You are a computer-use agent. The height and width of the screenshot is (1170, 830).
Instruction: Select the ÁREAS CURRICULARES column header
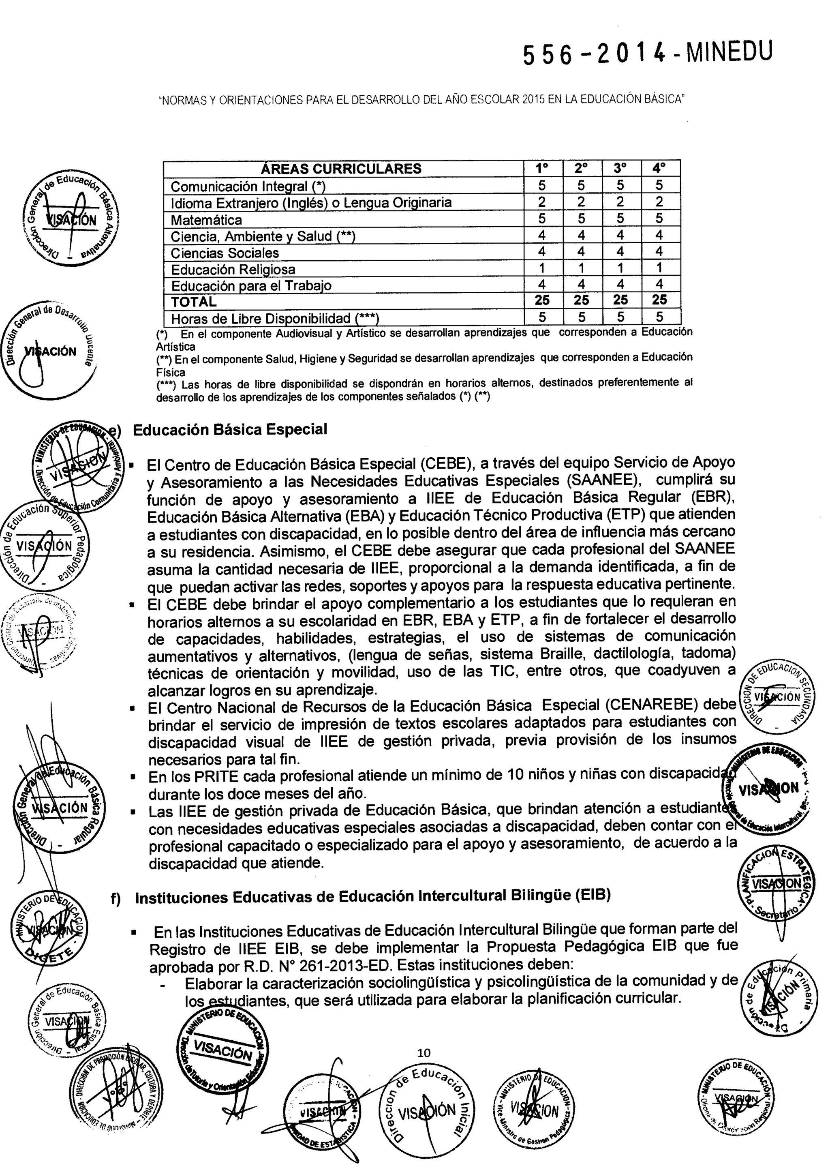pos(341,169)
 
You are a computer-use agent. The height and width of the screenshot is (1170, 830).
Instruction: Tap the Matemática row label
pos(206,220)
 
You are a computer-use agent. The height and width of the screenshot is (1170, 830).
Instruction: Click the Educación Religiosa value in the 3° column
pos(620,268)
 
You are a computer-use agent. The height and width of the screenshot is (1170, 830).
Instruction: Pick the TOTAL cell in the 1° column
pos(542,300)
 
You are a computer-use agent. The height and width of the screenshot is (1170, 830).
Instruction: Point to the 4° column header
pos(659,168)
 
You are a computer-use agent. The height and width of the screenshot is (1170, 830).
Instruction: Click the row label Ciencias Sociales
pos(225,253)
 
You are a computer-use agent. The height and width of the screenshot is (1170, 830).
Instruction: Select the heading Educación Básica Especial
pos(230,429)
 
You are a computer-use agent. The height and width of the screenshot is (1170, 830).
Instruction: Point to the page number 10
pos(424,1052)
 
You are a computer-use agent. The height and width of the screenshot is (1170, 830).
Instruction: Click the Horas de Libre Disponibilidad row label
pos(274,318)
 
